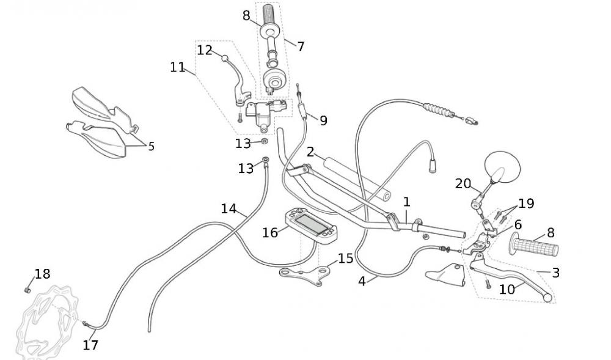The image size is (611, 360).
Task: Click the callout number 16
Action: [x=270, y=232]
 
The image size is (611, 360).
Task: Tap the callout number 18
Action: [x=42, y=274]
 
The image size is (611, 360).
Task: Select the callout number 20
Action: [x=463, y=183]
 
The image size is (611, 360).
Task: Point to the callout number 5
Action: [x=151, y=146]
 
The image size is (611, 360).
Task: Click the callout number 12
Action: [x=204, y=50]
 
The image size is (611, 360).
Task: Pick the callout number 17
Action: [x=90, y=345]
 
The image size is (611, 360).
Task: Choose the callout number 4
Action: [x=362, y=281]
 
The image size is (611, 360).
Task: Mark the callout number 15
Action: [x=345, y=259]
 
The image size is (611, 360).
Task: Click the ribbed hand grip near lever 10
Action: [x=535, y=247]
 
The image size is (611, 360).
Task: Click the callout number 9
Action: [x=323, y=120]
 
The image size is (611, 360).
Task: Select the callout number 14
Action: [x=229, y=209]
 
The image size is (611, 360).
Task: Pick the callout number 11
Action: [x=177, y=67]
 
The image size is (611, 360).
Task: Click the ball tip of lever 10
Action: [x=547, y=298]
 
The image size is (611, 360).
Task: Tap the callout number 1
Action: [x=406, y=202]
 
